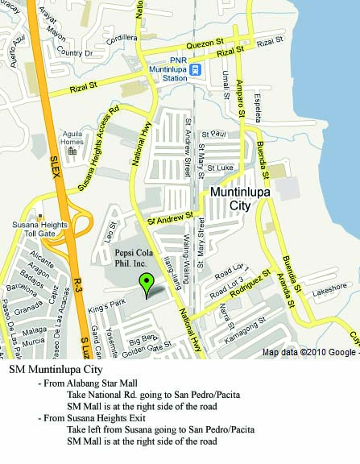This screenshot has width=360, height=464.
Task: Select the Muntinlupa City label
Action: pos(241,199)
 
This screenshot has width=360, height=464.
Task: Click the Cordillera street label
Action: pos(121,37)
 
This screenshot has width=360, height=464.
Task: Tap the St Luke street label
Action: pos(219,168)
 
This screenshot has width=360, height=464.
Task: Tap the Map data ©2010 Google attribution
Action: pos(308,353)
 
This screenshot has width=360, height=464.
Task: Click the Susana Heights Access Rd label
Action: pos(98,142)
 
